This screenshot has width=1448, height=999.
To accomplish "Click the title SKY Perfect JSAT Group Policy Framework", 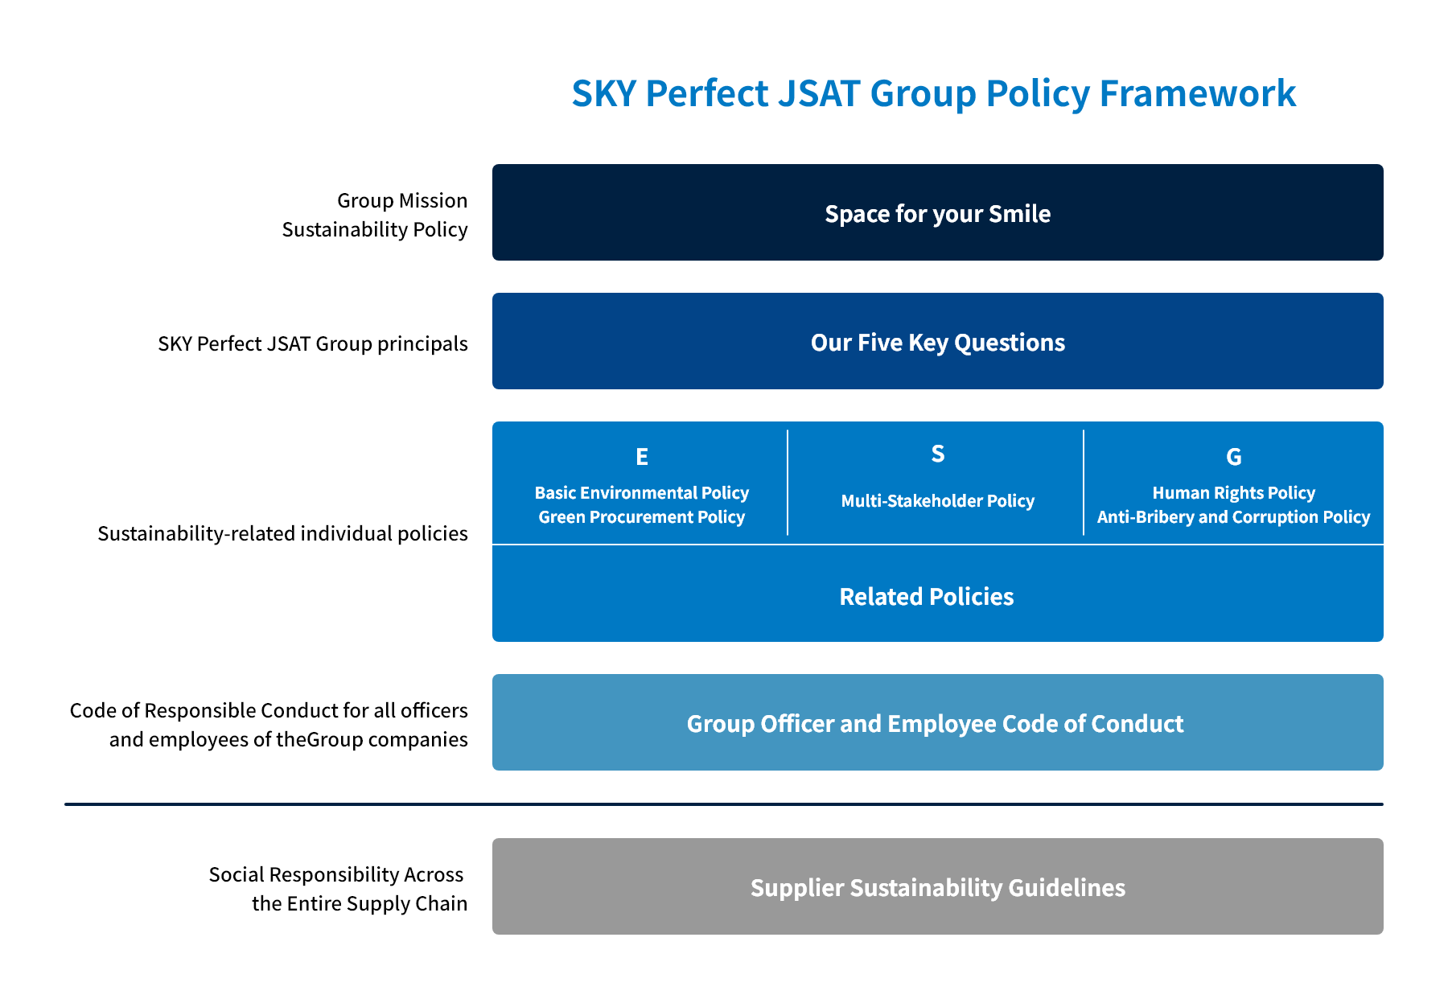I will coord(933,93).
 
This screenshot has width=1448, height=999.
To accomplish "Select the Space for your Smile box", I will coord(937,213).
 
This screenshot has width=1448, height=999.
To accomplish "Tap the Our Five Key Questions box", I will coord(937,342).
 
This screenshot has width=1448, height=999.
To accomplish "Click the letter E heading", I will coord(641,457).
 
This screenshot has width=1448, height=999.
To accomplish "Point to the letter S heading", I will coord(937,454).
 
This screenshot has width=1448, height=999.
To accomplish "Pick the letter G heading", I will coord(1233,457).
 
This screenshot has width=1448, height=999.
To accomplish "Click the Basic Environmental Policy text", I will coord(641,492).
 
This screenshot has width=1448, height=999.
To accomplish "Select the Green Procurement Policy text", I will coord(641,516).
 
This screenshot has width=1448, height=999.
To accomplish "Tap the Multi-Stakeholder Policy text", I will coord(937,500).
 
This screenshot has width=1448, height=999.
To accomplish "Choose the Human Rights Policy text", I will coord(1233,492).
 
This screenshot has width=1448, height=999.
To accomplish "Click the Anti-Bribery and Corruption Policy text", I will coord(1233,516).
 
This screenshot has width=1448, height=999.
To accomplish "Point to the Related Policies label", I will coord(926,596).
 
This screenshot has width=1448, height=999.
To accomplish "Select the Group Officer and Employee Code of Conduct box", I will coord(937,723).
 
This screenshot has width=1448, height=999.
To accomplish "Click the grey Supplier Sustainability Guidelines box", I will coord(937,887).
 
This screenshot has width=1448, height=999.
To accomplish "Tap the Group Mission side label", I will coord(401,200).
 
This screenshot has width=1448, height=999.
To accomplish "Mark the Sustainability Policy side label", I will coord(374,229).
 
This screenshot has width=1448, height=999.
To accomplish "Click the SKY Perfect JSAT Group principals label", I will coord(312,343).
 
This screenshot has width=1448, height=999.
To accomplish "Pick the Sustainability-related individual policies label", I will coord(282,533).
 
